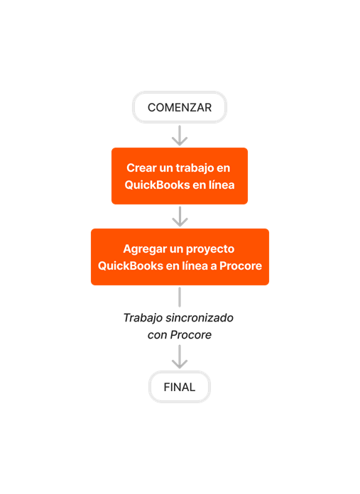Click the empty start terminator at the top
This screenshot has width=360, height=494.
(180, 107)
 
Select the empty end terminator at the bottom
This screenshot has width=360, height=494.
(180, 387)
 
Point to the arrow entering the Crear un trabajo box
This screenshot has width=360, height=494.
(180, 135)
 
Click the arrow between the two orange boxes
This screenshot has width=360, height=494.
(180, 216)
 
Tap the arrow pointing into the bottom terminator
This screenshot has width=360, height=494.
(180, 357)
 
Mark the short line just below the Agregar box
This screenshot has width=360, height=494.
(180, 297)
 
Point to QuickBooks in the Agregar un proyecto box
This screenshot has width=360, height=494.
(129, 266)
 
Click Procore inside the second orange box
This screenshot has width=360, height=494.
(241, 266)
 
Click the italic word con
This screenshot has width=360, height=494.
(157, 334)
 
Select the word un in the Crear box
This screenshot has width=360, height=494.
(168, 168)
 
